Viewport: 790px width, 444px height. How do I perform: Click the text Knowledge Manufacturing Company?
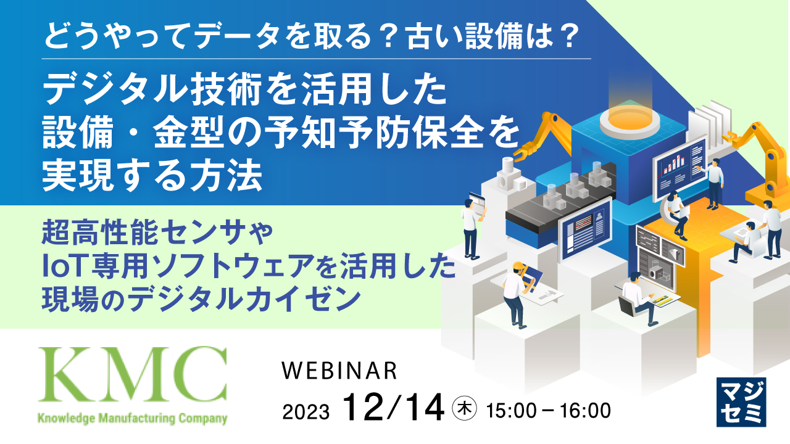pos(132,419)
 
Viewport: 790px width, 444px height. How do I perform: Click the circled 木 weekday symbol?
pos(464,408)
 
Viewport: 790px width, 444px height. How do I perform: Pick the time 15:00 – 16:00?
pos(549,409)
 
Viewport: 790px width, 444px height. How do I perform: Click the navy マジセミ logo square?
pos(741,401)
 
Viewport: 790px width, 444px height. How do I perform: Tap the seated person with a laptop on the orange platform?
pos(676,213)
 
